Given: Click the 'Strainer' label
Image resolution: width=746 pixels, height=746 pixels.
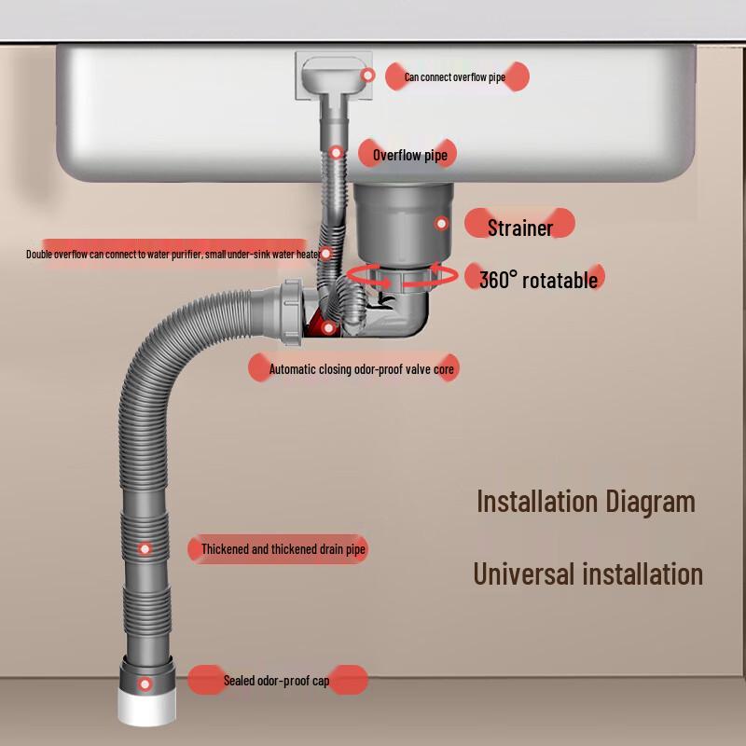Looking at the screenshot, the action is pos(520,228).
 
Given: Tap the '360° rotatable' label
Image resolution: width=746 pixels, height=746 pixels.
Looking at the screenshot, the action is pos(538,279).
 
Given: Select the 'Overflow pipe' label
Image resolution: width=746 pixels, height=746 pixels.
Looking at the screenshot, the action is pos(410,155).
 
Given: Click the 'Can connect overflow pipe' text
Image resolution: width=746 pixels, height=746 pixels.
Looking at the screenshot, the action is pos(455,77).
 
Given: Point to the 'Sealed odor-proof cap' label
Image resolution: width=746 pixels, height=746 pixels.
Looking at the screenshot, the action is pos(276,681).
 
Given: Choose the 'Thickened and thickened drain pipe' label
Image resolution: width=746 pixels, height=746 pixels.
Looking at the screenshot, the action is pos(283,549).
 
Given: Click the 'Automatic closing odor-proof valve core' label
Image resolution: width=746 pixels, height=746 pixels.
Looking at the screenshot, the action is pos(362,368).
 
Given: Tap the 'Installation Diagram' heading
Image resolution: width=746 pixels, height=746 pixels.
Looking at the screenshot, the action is pos(587,502).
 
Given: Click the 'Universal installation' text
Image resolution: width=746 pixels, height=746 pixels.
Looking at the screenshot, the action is pos(588,573).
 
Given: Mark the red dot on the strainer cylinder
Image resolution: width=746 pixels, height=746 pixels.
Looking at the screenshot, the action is pos(441,223).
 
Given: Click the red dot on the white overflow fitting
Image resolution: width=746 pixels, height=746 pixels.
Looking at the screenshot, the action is pos(367,76).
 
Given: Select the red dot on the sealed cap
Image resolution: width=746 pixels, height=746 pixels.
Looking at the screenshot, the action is pos(145,684).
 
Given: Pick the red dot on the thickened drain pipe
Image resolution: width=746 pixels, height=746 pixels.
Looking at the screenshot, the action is pos(145,549).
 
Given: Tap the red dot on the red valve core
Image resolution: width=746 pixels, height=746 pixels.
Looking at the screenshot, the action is pos(328,328).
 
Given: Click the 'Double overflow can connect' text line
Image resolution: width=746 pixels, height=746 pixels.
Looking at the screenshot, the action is pos(173,255).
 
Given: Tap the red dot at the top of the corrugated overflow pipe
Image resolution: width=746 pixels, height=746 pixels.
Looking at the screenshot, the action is pos(337,153).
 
